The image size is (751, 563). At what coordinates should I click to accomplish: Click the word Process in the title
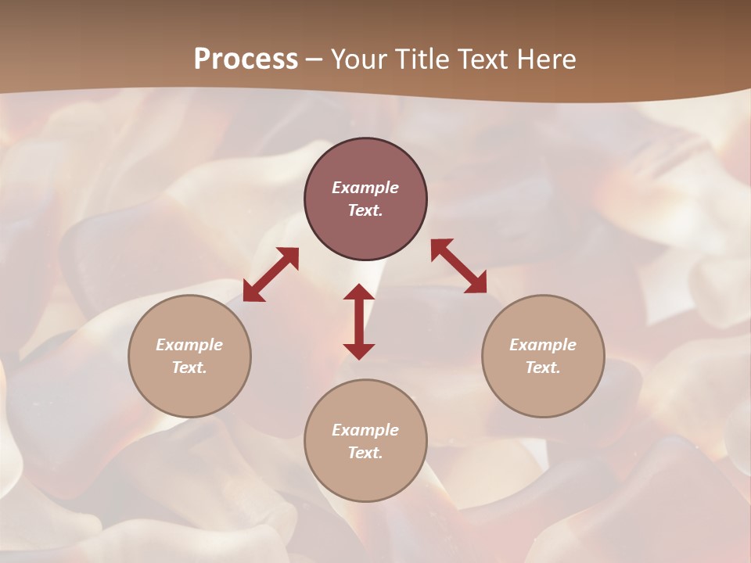coord(246,59)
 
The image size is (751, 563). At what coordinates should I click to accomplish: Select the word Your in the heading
coord(361,59)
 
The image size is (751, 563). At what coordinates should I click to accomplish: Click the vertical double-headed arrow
coord(359,321)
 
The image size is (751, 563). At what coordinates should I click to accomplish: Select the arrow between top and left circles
coord(271,274)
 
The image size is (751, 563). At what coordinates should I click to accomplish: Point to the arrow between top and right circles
coord(458,266)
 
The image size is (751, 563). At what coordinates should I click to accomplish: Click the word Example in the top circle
coord(365,188)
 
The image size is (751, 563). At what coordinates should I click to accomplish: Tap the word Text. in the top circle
coord(365,210)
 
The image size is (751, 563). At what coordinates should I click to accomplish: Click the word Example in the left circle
coord(189,345)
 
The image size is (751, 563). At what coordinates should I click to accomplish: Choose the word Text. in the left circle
coord(189,368)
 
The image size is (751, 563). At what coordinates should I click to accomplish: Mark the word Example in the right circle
coord(543,345)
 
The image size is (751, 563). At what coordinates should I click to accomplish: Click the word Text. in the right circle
coord(543,368)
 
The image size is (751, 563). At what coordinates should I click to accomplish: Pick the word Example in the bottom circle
coord(365,430)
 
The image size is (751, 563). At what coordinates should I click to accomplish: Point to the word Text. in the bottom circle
coord(365,453)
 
